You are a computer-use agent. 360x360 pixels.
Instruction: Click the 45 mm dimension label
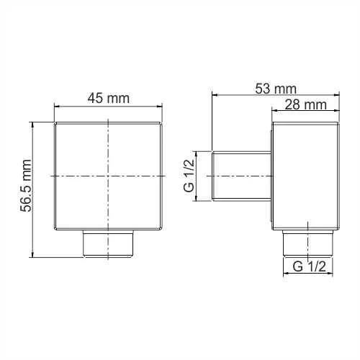pyautogui.click(x=109, y=99)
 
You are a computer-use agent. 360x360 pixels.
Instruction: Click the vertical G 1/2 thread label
pyautogui.click(x=189, y=176)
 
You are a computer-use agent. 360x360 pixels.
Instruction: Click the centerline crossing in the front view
pyautogui.click(x=109, y=176)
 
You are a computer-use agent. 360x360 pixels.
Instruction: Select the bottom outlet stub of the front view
pyautogui.click(x=109, y=244)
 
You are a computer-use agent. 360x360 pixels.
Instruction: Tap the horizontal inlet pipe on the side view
pyautogui.click(x=241, y=176)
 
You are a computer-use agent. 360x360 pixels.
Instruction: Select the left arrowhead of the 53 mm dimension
pyautogui.click(x=214, y=94)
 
